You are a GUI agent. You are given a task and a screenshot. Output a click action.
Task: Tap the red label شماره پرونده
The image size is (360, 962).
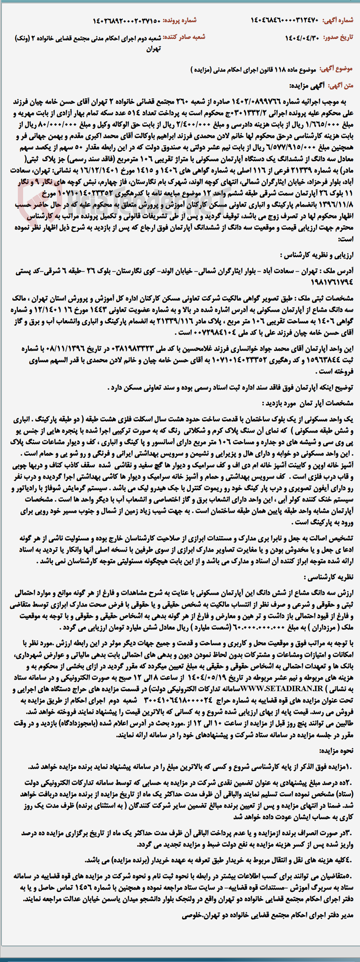pyautogui.click(x=182, y=20)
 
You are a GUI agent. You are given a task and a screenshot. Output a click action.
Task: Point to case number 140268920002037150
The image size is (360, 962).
pyautogui.click(x=127, y=20)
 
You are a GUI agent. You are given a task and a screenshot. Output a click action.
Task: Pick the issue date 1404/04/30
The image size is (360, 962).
pyautogui.click(x=303, y=37)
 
